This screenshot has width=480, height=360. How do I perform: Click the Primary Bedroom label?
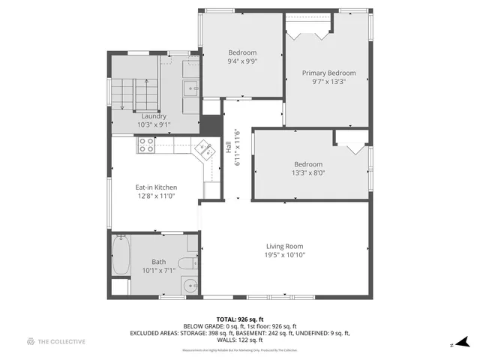click(328, 73)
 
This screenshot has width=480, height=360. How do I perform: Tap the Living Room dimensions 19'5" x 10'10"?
click(285, 255)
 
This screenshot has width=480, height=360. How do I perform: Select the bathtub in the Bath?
click(121, 255)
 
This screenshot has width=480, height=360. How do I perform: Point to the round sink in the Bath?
click(190, 285)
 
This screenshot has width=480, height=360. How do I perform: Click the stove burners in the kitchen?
click(145, 144)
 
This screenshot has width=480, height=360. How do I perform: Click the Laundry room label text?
click(154, 116)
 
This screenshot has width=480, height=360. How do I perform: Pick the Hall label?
click(229, 148)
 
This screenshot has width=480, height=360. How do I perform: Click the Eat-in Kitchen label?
click(156, 187)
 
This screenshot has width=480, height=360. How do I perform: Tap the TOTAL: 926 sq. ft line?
click(239, 319)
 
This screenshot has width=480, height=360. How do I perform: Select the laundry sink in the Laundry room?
click(190, 88)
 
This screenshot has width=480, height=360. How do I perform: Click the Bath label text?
click(158, 262)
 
